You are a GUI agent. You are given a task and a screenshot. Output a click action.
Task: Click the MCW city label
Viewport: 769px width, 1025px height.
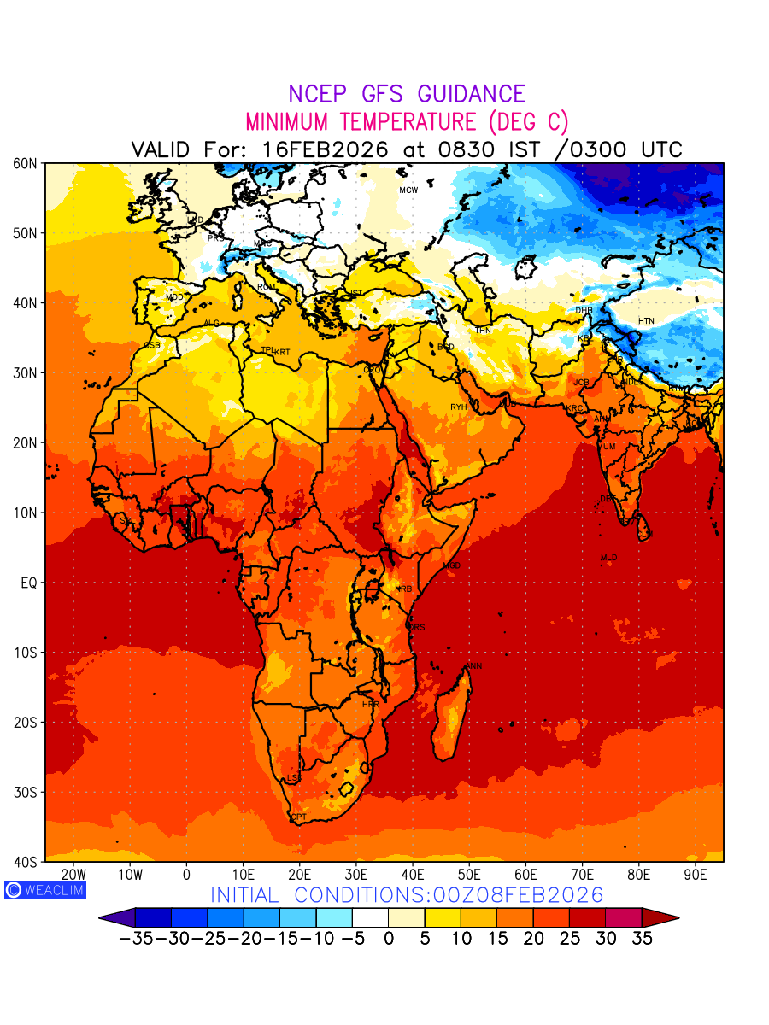[x=408, y=190]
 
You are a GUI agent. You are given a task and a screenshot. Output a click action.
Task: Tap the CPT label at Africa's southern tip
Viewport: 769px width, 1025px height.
[x=299, y=817]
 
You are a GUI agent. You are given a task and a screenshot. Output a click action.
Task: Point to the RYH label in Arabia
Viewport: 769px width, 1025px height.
[x=459, y=407]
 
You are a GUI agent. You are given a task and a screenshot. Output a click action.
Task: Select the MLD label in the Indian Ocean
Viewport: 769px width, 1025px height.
[x=608, y=558]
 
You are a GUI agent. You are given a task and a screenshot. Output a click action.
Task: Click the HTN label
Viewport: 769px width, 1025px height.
[x=646, y=321]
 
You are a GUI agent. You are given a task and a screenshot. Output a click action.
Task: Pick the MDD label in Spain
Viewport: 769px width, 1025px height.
[x=174, y=297]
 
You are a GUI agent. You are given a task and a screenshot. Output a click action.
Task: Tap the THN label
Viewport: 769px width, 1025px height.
[x=483, y=331]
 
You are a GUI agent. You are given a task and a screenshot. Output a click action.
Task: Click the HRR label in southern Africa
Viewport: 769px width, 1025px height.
[x=370, y=705]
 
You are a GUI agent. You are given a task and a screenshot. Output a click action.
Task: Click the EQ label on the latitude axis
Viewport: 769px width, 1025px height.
[x=29, y=583]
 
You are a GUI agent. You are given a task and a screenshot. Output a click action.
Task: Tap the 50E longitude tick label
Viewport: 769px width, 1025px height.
[x=469, y=876]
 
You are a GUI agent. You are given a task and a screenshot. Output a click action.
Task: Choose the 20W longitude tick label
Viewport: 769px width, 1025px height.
[x=73, y=876]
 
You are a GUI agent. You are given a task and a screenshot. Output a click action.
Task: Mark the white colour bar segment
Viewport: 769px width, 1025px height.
[x=370, y=918]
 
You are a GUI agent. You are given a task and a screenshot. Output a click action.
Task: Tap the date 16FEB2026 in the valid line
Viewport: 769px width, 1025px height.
[x=326, y=149]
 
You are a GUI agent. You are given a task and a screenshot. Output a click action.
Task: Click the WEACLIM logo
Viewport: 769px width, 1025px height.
[x=44, y=889]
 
